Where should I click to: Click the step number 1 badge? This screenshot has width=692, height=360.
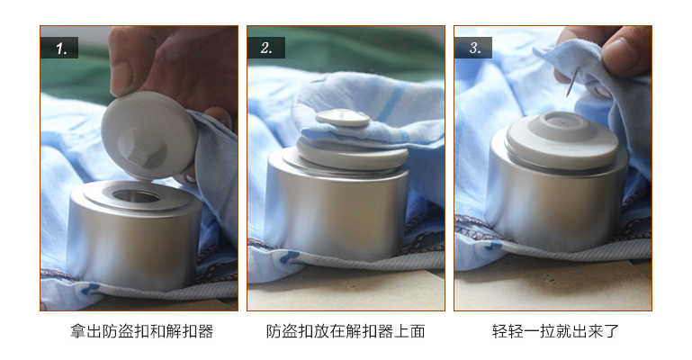60,49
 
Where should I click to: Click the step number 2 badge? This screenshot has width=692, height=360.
266,49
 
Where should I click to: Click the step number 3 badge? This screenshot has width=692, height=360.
473,49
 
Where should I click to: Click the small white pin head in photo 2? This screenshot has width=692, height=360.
339,117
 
